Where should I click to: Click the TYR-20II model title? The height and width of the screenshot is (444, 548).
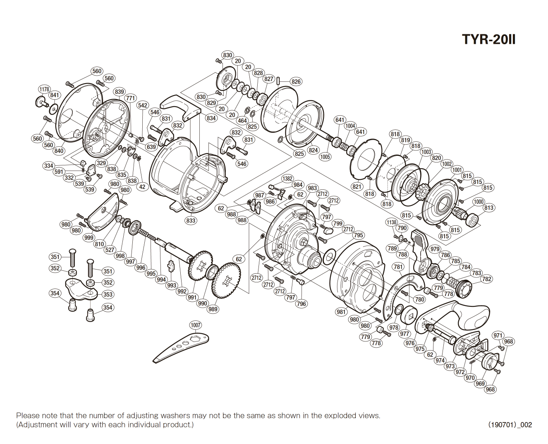point(488,39)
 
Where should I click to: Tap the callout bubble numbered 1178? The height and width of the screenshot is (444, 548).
point(44,89)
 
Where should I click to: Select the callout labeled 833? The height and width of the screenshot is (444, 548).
point(191,220)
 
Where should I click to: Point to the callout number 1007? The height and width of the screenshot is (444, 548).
point(196,325)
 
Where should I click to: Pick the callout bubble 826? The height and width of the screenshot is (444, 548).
point(296,81)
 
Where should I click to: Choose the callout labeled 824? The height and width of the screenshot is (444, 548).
point(313,150)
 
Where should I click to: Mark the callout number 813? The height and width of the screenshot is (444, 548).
point(489,208)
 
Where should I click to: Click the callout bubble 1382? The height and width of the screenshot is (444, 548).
point(287,179)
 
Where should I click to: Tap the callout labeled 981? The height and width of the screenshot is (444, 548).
point(341,312)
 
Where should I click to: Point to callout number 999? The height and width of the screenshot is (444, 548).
point(89,237)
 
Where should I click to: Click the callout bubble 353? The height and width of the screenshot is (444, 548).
point(108,294)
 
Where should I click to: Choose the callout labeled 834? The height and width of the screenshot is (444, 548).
point(211,118)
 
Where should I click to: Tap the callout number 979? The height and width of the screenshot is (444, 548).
point(435,249)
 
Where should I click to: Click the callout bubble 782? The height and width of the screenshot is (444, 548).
point(487,279)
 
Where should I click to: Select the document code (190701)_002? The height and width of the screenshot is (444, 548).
point(510,425)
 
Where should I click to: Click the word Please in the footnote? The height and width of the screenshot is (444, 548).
point(27,415)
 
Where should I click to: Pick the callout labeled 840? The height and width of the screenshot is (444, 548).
point(59,150)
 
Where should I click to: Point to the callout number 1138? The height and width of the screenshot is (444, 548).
point(391,222)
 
